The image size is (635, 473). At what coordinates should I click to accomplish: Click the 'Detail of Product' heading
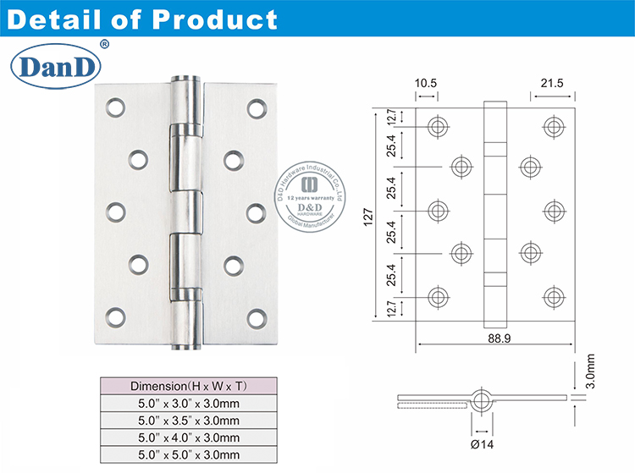pyautogui.click(x=142, y=19)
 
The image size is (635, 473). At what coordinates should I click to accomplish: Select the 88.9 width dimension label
pyautogui.click(x=498, y=337)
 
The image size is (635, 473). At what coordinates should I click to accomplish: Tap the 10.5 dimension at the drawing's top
pyautogui.click(x=425, y=85)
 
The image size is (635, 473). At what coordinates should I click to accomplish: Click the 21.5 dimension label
pyautogui.click(x=552, y=85)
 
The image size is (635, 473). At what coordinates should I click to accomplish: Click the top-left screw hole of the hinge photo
pyautogui.click(x=114, y=107)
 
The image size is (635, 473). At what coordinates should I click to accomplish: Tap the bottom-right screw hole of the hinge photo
pyautogui.click(x=256, y=318)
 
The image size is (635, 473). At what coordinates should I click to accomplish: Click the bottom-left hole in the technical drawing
pyautogui.click(x=437, y=295)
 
